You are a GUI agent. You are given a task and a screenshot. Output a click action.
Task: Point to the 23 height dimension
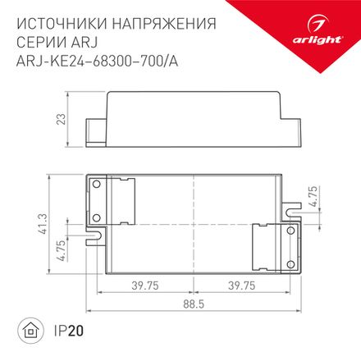[x=59, y=118]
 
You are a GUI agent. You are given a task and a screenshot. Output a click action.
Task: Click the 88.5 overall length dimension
[x=195, y=315]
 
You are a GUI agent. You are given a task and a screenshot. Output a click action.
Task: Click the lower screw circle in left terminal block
[x=96, y=217]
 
